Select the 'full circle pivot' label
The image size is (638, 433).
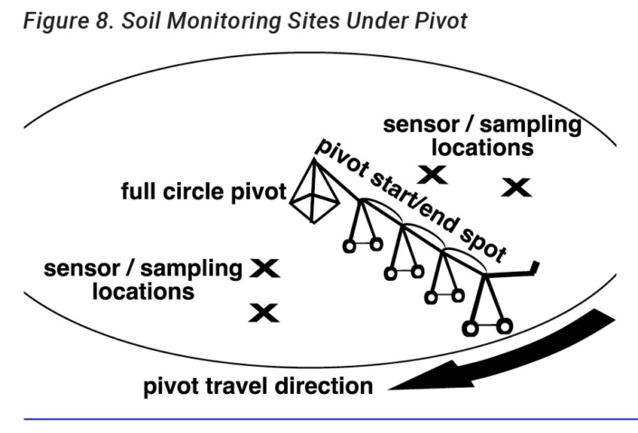pyautogui.click(x=204, y=193)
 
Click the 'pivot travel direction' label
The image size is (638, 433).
pyautogui.click(x=258, y=387)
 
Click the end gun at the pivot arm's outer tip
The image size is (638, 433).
pyautogui.click(x=535, y=269)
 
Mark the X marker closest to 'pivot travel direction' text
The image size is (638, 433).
pyautogui.click(x=263, y=313)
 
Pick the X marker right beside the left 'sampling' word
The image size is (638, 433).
pyautogui.click(x=265, y=267)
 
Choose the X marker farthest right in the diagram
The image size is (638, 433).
pyautogui.click(x=516, y=188)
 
